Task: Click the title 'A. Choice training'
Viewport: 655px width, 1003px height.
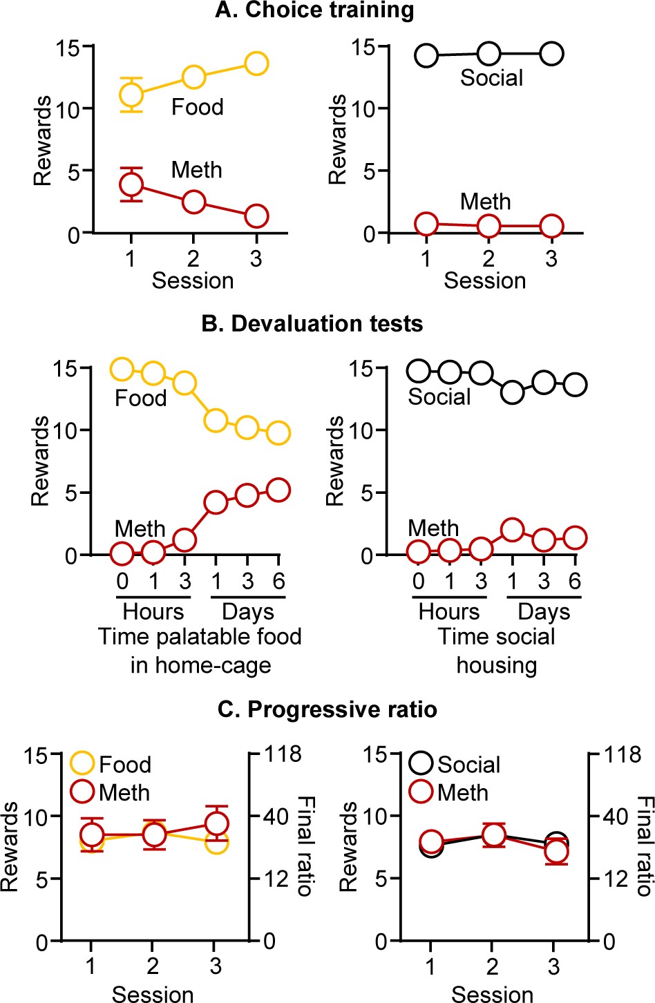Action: [314, 10]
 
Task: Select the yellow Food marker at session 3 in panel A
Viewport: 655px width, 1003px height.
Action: [256, 64]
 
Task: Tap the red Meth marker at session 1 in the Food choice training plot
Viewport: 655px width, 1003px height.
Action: [131, 184]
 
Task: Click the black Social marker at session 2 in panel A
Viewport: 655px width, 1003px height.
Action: [489, 53]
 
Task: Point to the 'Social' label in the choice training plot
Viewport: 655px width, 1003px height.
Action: [491, 78]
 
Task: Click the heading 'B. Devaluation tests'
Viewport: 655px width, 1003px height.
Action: [312, 324]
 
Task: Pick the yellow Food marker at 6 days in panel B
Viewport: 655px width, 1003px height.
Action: [278, 433]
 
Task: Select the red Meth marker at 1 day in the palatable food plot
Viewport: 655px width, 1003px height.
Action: [216, 502]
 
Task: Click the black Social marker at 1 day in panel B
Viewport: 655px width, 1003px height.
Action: [513, 392]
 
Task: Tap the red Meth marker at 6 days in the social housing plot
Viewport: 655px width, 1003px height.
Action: [575, 537]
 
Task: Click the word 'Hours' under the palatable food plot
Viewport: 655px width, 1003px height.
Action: [153, 611]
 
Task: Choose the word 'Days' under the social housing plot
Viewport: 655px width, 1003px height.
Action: [544, 611]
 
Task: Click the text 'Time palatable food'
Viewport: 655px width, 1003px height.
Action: [200, 636]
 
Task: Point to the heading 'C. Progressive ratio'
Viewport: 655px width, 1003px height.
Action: [327, 709]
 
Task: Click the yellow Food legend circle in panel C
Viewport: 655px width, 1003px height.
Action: [83, 764]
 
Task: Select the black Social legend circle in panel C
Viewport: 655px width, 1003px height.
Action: [421, 764]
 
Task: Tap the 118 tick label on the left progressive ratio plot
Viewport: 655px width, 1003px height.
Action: [283, 754]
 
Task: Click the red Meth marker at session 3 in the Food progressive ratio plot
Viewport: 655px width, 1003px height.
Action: [216, 823]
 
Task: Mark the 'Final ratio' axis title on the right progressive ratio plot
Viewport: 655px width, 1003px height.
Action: [644, 846]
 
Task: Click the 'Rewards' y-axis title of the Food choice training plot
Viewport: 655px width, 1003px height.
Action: [43, 141]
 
